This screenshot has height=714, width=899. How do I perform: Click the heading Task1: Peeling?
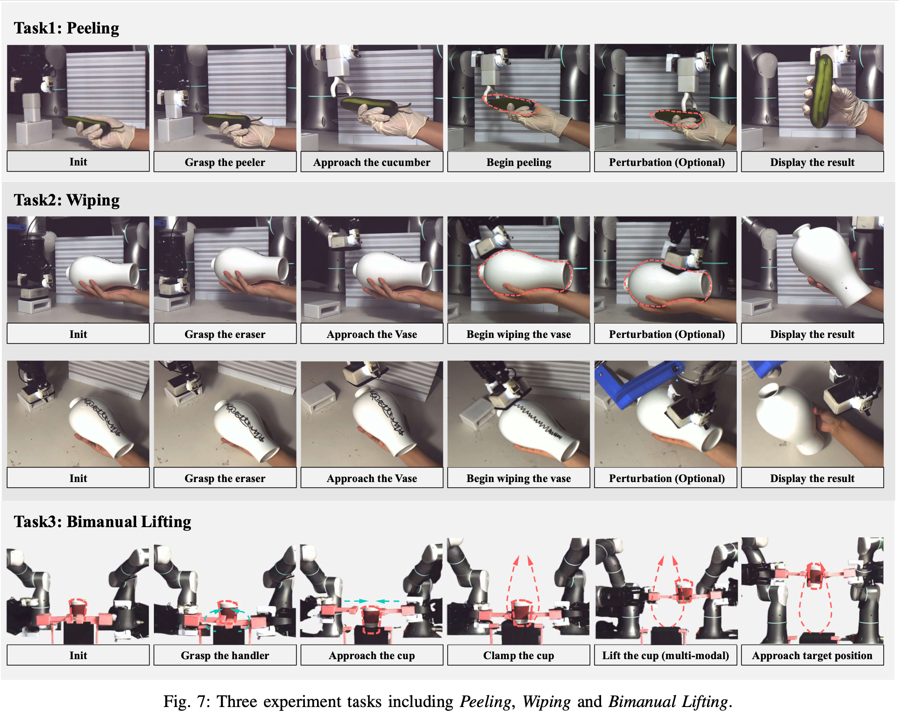click(x=66, y=28)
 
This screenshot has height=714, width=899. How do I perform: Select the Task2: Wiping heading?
click(x=66, y=200)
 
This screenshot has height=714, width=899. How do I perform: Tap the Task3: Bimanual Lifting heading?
click(x=102, y=522)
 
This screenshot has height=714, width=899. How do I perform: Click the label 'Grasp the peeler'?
click(x=225, y=162)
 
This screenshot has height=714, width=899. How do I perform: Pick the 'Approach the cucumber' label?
click(x=372, y=162)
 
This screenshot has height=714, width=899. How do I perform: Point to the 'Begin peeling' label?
click(x=519, y=162)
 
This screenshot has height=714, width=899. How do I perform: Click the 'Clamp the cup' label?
click(x=519, y=655)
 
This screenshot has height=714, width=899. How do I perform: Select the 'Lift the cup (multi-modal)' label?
click(x=666, y=655)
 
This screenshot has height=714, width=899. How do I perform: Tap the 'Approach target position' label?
click(x=813, y=655)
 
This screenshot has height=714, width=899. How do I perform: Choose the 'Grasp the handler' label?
click(x=225, y=655)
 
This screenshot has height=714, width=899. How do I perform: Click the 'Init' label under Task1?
click(x=78, y=162)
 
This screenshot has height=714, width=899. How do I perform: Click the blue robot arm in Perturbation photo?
click(x=637, y=383)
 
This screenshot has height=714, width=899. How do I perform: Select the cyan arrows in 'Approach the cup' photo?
click(x=371, y=601)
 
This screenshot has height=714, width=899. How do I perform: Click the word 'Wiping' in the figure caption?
click(x=546, y=701)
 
